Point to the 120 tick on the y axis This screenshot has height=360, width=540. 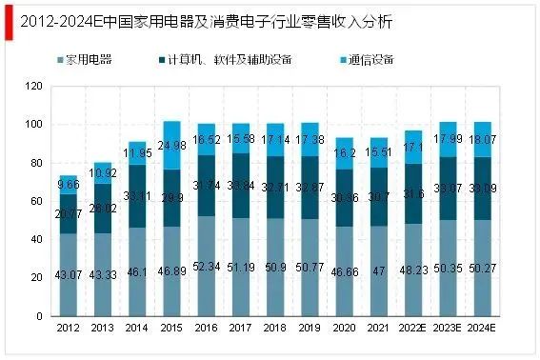tap(35, 87)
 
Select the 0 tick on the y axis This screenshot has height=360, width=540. tap(41, 316)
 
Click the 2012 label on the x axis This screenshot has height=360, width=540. tap(68, 330)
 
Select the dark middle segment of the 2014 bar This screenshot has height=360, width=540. tap(138, 195)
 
